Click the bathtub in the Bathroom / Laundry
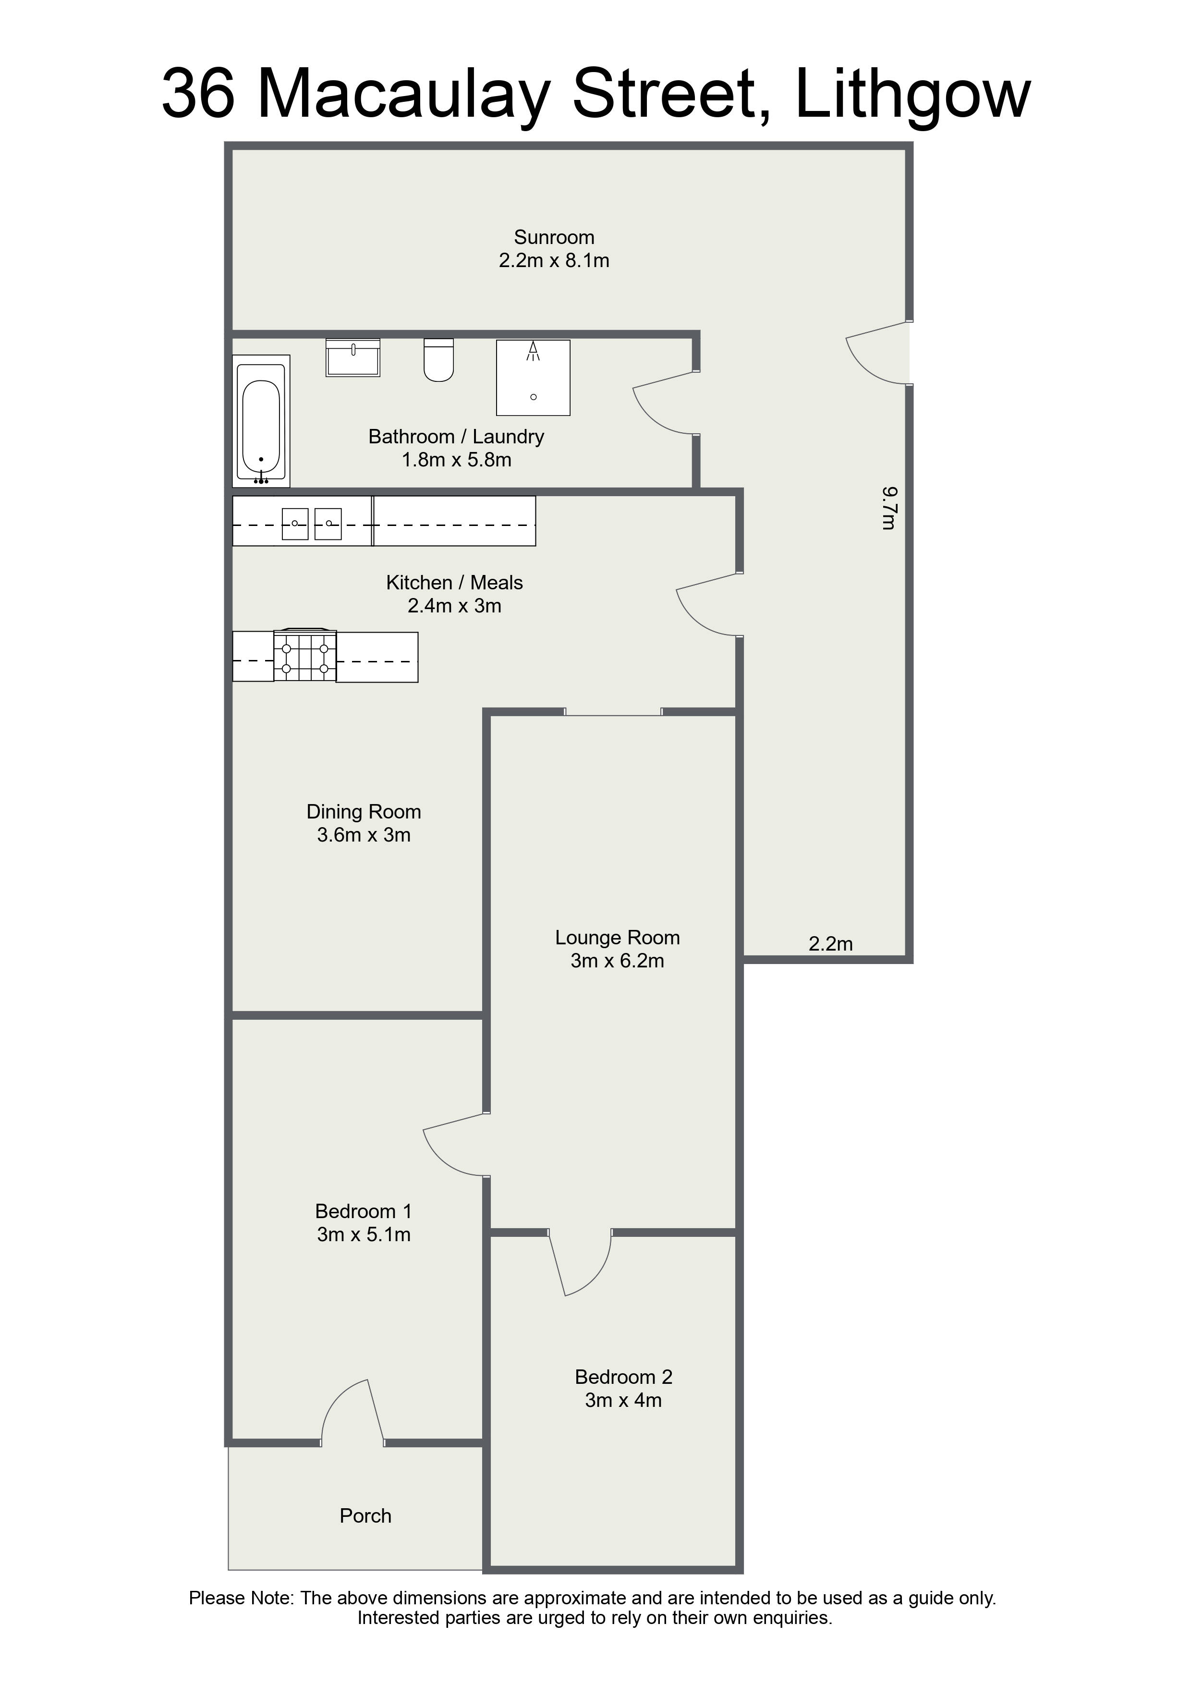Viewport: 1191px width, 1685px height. [x=261, y=421]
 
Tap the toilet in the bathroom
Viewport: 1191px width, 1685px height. [x=439, y=360]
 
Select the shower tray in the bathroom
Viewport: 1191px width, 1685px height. [x=534, y=377]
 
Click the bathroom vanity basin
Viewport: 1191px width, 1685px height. [x=353, y=357]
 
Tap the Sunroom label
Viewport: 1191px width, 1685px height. [x=554, y=238]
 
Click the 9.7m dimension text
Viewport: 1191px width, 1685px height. [x=888, y=507]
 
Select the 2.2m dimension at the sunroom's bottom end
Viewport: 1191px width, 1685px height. [x=831, y=944]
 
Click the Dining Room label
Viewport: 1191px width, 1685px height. [x=364, y=812]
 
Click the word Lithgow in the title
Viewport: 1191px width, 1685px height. [x=913, y=94]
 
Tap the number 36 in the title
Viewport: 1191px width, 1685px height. [x=198, y=94]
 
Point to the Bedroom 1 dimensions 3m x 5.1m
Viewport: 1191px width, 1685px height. [x=364, y=1234]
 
